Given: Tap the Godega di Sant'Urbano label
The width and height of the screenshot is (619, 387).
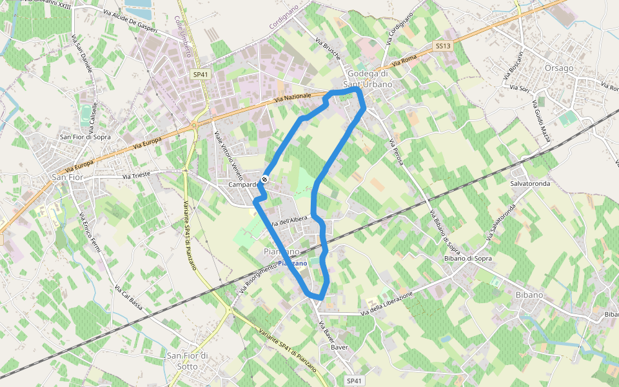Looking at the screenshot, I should pos(371,79).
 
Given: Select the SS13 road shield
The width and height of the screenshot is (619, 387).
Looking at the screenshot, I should pos(442,46).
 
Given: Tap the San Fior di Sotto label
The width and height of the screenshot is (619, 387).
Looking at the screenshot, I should pos(187,361).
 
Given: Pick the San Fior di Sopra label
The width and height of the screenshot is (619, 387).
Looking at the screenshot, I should pos(85,137).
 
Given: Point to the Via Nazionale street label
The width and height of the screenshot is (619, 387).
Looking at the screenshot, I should pos(292,99).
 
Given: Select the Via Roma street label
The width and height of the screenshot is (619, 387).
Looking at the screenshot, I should pos(405,61).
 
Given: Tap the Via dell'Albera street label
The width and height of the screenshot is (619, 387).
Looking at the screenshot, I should pos(289,221).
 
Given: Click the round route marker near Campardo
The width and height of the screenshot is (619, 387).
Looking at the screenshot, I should pos(264,179).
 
